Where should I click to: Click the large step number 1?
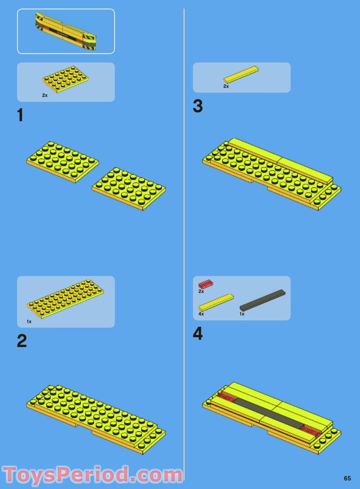(x=20, y=115)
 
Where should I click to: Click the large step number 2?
(x=22, y=341)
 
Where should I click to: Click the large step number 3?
(x=198, y=106)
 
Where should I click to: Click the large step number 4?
(x=198, y=334)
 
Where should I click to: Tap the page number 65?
(x=347, y=478)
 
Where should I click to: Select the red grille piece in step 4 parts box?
(x=205, y=284)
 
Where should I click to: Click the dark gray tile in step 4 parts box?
(x=263, y=300)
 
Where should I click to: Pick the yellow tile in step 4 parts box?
(x=216, y=302)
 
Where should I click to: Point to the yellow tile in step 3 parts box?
(x=241, y=74)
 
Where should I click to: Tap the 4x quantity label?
(x=201, y=314)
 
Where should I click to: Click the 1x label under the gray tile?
(x=242, y=314)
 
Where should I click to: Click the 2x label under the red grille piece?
(x=201, y=292)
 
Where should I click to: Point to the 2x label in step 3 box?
(x=226, y=86)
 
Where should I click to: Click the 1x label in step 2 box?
(x=29, y=321)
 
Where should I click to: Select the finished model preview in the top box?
(x=66, y=32)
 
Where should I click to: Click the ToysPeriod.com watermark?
(x=92, y=475)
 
